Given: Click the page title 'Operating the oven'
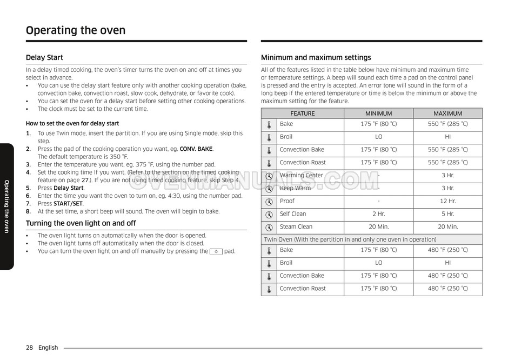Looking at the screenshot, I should (x=76, y=30).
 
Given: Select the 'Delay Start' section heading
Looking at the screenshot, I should (x=44, y=57).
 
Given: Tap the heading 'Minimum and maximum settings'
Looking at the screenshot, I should (x=316, y=57).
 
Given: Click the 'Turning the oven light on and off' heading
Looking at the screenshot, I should (x=81, y=223).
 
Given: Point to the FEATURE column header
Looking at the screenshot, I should (x=302, y=114).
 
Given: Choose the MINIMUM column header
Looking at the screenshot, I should (x=378, y=114).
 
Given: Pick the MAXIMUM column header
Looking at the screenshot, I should (x=447, y=114).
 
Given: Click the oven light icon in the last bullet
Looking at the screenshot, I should (x=216, y=251).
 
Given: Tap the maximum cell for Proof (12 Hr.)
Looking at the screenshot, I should (x=447, y=201).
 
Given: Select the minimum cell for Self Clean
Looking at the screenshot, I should (x=378, y=214).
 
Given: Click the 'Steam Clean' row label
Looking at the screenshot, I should (x=296, y=227).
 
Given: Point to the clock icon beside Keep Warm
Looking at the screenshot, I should (x=269, y=189).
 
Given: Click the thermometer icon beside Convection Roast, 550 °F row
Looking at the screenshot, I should (x=269, y=163).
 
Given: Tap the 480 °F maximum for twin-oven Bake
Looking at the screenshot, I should (x=447, y=250).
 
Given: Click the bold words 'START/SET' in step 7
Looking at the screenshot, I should (x=68, y=204).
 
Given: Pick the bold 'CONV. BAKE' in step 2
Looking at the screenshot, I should (x=197, y=149).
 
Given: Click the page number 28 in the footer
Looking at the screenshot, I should (x=29, y=348).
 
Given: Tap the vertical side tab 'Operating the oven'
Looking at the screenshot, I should (x=6, y=206).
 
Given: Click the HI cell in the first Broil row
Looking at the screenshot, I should (x=447, y=137).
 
